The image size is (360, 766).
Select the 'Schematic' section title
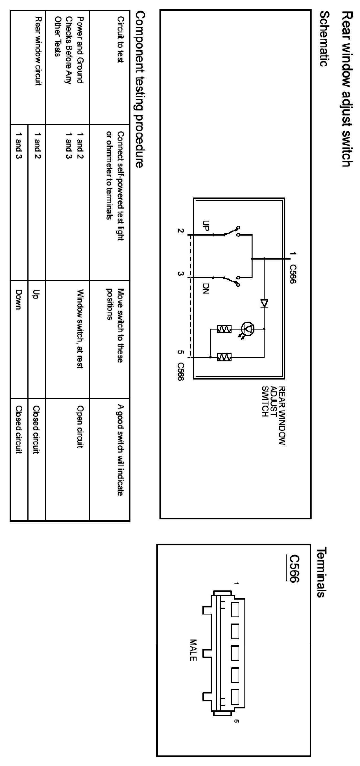(x=325, y=39)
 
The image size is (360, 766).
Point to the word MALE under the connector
(x=193, y=650)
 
